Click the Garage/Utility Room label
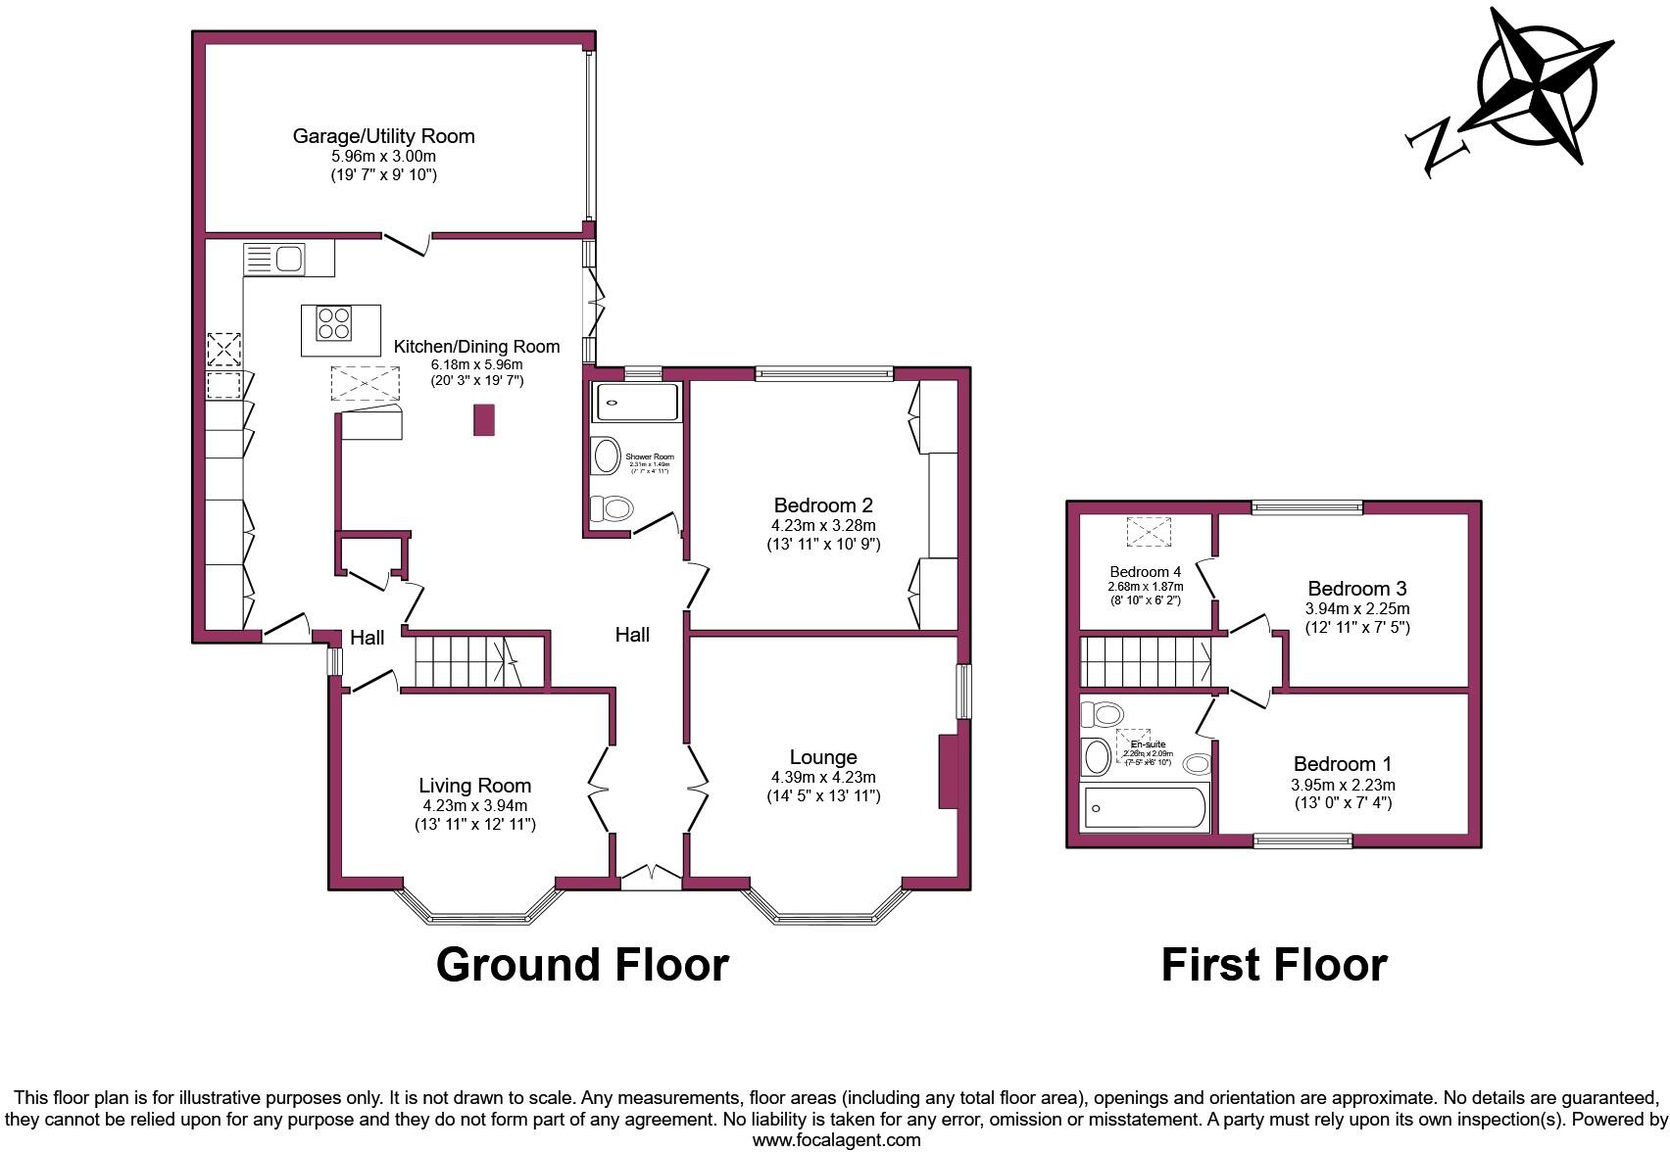[383, 136]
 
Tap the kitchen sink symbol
[275, 260]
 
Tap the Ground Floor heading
[582, 965]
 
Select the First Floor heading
[1273, 965]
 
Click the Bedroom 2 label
[823, 505]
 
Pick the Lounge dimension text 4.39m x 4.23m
[823, 777]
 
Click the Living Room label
[474, 785]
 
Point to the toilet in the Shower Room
[613, 507]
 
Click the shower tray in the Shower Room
[635, 403]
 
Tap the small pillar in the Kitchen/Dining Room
[484, 419]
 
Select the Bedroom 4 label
[1145, 571]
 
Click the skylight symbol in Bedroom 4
[1149, 533]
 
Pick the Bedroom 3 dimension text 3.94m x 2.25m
[1356, 608]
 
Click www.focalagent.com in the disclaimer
[836, 1140]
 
